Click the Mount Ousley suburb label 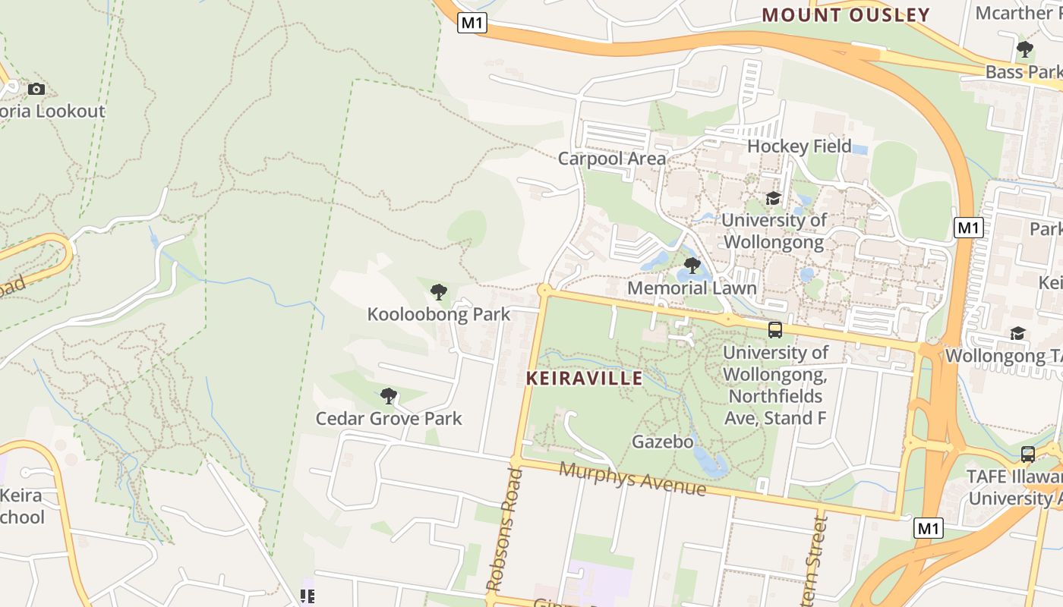pos(846,15)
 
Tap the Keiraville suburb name pos(584,378)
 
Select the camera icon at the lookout pos(36,89)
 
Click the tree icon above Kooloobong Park pos(438,291)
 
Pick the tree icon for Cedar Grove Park pos(389,395)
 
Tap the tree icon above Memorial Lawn pos(692,266)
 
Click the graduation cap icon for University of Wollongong pos(773,198)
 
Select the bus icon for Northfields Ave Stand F pos(774,329)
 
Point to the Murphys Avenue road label pos(632,479)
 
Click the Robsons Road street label pos(504,530)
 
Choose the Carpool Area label pos(611,159)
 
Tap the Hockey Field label pos(799,146)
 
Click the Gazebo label pos(662,442)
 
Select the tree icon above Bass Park pos(1024,50)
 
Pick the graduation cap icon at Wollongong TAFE pos(1017,333)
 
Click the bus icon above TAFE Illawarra pos(1027,454)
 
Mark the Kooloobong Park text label pos(438,314)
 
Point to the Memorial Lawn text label pos(692,288)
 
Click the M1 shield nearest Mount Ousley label pos(472,23)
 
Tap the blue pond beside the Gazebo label pos(711,461)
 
